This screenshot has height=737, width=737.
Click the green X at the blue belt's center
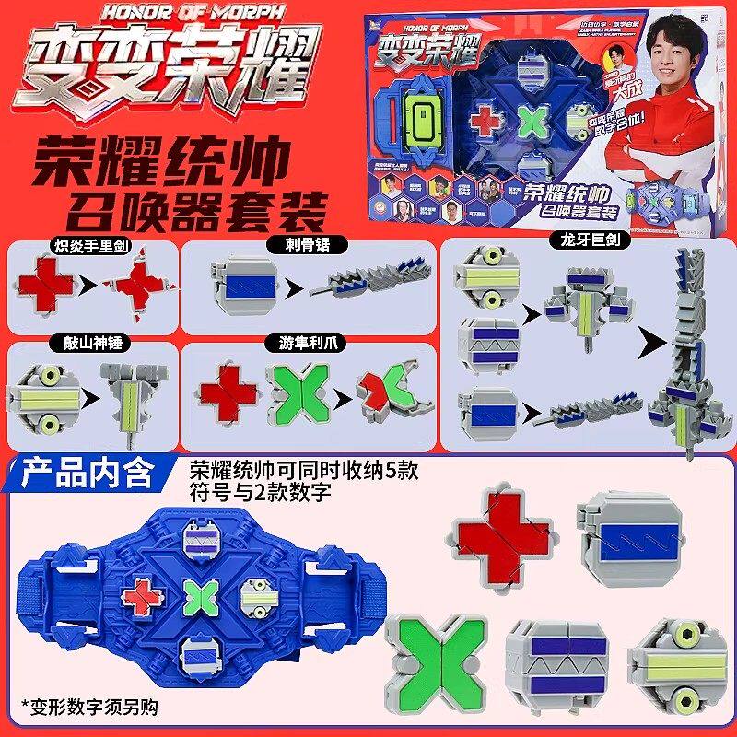[197, 596]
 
